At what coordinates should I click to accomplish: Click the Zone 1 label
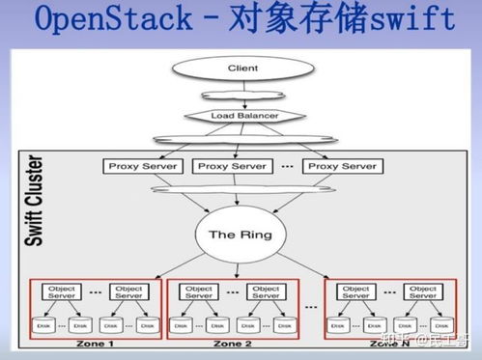pyautogui.click(x=91, y=345)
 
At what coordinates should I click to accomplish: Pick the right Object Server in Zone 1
pyautogui.click(x=128, y=291)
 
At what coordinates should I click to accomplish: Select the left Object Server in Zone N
pyautogui.click(x=356, y=291)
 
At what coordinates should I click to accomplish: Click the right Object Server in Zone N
pyautogui.click(x=424, y=291)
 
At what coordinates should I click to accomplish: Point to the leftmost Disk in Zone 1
pyautogui.click(x=43, y=324)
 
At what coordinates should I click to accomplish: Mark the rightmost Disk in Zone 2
pyautogui.click(x=286, y=324)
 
